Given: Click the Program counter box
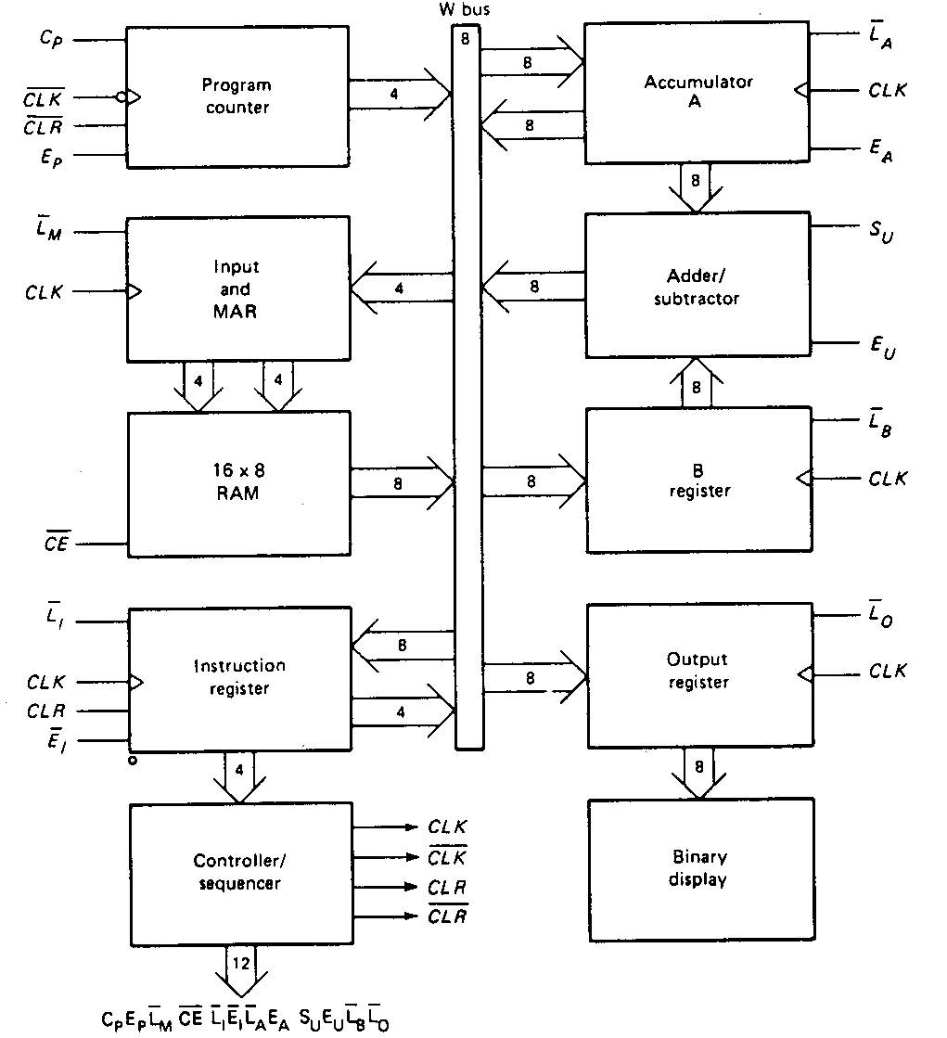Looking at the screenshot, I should [x=237, y=96].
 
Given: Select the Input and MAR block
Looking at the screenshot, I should [x=238, y=288].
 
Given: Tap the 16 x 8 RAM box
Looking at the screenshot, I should [x=238, y=482].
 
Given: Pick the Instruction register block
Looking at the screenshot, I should [x=238, y=678].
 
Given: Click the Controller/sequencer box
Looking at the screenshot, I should [x=238, y=872].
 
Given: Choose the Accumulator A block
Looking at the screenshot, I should [x=697, y=92].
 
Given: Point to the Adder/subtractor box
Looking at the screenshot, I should [x=697, y=286].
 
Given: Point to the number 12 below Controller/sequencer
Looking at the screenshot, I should [x=241, y=963].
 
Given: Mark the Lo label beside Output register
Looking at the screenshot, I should [x=881, y=615].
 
